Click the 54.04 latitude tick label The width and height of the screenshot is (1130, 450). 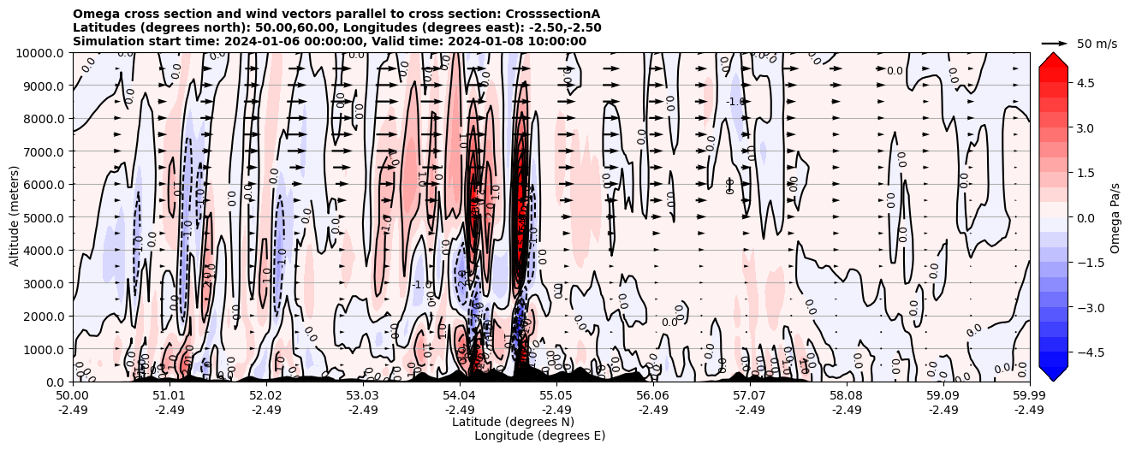(460, 396)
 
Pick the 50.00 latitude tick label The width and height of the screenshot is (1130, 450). (73, 396)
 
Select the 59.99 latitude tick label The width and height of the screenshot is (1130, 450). (1029, 396)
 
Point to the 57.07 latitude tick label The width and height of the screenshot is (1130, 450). (750, 396)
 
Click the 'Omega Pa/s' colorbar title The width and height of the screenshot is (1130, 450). (1115, 217)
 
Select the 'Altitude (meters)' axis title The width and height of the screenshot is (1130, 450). (15, 217)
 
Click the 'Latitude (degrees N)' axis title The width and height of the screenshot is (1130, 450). (513, 422)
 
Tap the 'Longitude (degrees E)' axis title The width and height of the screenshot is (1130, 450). (540, 435)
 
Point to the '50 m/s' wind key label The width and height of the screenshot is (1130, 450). (1097, 44)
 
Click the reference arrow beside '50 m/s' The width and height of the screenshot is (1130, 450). (1055, 43)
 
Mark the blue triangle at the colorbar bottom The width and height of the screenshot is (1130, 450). (1053, 373)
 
